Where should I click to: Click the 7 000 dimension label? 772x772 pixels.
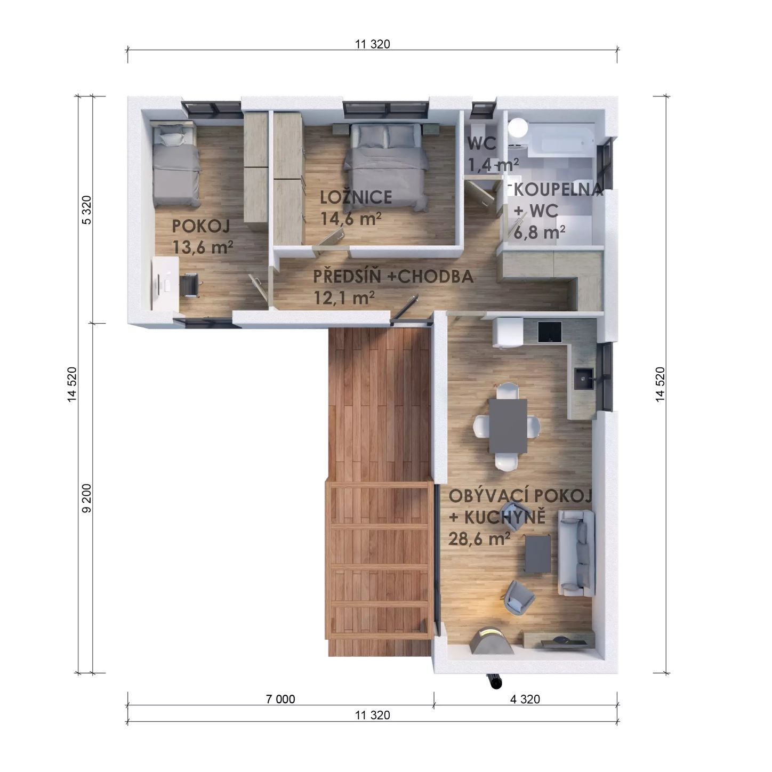tap(280, 699)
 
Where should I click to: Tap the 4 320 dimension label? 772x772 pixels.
tap(525, 699)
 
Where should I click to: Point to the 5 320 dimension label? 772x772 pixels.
tap(87, 210)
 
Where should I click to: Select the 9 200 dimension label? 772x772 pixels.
tap(87, 498)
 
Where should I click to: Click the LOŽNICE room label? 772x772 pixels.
tap(356, 197)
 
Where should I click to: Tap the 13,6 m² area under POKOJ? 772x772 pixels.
tap(203, 247)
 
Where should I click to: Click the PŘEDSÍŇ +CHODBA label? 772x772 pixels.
tap(393, 277)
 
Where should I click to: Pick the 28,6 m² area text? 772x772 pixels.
tap(479, 539)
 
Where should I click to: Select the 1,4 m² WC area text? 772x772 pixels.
tap(494, 165)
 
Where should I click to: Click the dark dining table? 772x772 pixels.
tap(508, 425)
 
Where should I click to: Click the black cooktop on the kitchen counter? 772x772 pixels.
tap(550, 332)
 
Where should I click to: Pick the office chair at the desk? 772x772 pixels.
tap(189, 285)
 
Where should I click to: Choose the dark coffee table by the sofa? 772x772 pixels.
tap(537, 553)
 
